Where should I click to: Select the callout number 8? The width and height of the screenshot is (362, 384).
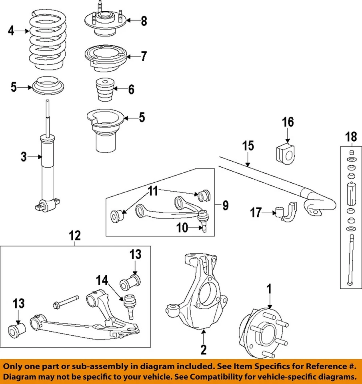143,21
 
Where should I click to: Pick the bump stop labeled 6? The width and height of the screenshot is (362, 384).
104,91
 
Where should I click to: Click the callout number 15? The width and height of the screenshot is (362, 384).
248,146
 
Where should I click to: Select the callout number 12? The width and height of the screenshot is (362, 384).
75,236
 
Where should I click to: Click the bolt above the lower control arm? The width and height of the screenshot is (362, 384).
66,302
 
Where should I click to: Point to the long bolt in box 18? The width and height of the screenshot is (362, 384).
350,260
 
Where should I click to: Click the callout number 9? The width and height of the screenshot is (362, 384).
225,206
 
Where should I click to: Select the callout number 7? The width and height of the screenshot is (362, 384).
143,56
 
